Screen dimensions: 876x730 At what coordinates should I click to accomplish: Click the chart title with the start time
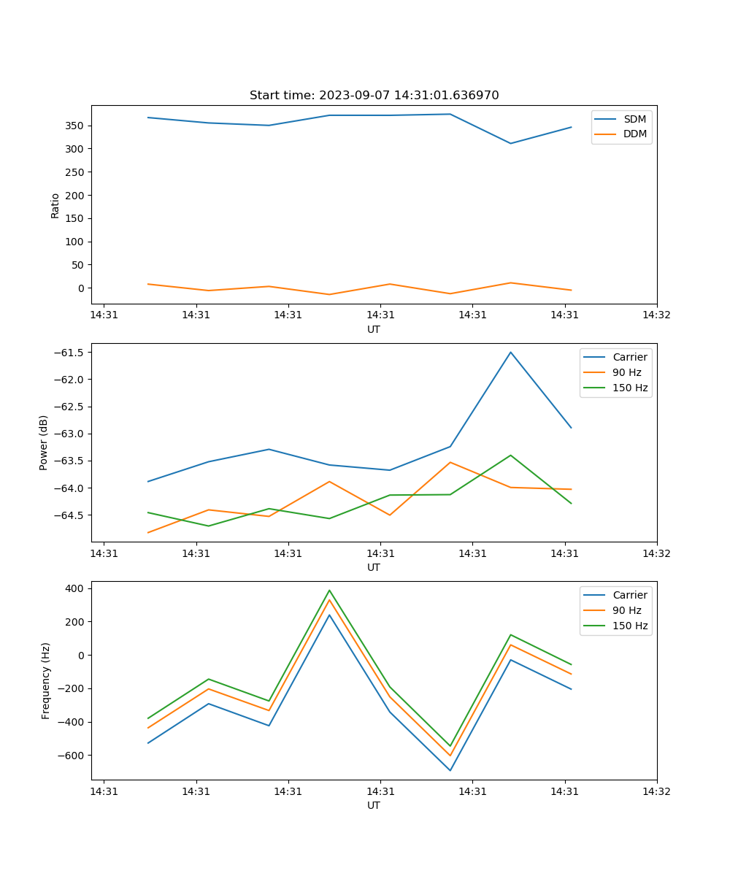pos(374,96)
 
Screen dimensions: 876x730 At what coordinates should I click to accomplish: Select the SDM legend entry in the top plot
pos(634,118)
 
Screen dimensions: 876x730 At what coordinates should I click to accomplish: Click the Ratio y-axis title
pos(55,205)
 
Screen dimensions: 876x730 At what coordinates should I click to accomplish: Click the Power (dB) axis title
pos(45,442)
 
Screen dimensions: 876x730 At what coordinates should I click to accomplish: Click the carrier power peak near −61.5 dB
pos(511,352)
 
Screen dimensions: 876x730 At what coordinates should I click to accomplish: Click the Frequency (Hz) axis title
pos(46,680)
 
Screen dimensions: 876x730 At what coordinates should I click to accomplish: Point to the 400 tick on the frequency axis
pos(77,588)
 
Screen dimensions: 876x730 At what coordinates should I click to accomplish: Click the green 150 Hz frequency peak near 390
pos(329,590)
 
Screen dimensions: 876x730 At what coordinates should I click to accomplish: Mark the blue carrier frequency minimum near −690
pos(450,770)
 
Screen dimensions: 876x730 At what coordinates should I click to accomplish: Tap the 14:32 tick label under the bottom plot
pos(656,791)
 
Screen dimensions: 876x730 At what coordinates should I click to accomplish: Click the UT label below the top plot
pos(374,329)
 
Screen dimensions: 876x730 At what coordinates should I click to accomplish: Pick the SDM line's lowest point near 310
pos(511,143)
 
